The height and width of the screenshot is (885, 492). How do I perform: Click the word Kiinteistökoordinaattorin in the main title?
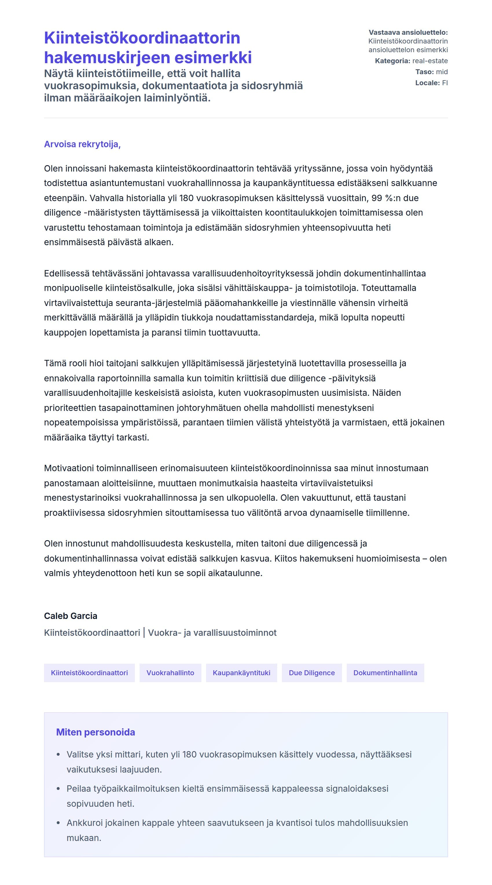pyautogui.click(x=142, y=38)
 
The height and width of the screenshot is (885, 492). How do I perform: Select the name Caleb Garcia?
pyautogui.click(x=70, y=616)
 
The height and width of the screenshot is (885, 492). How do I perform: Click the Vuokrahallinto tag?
pyautogui.click(x=170, y=672)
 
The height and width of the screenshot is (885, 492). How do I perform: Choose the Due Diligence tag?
pyautogui.click(x=311, y=672)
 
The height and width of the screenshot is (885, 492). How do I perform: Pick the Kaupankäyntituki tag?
pyautogui.click(x=241, y=672)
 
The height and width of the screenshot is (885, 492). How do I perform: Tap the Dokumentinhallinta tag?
pyautogui.click(x=385, y=672)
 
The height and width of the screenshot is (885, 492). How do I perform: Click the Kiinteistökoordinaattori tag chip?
pyautogui.click(x=89, y=672)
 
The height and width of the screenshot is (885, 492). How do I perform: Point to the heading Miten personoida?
pyautogui.click(x=96, y=732)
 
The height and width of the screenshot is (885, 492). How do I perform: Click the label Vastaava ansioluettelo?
pyautogui.click(x=408, y=32)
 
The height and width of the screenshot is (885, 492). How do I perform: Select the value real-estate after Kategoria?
pyautogui.click(x=429, y=61)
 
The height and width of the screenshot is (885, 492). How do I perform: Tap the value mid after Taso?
pyautogui.click(x=442, y=72)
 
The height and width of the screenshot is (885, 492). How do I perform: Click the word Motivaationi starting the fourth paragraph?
pyautogui.click(x=69, y=468)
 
